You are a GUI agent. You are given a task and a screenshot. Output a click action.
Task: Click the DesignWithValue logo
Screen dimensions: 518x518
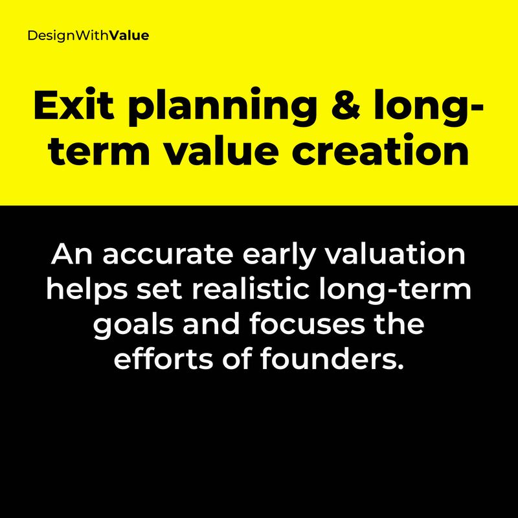pyautogui.click(x=88, y=36)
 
